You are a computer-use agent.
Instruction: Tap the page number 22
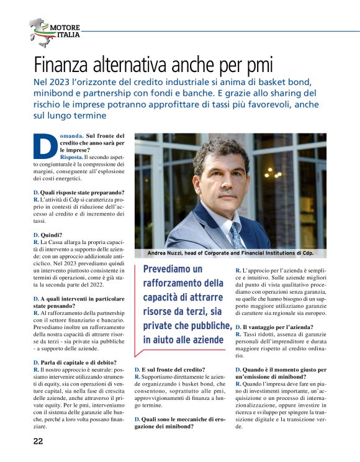38,442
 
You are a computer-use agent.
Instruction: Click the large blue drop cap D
41,145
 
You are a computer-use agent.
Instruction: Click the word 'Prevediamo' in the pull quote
173,269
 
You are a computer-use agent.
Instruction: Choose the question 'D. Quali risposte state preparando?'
78,192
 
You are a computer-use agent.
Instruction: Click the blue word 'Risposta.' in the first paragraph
73,158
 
